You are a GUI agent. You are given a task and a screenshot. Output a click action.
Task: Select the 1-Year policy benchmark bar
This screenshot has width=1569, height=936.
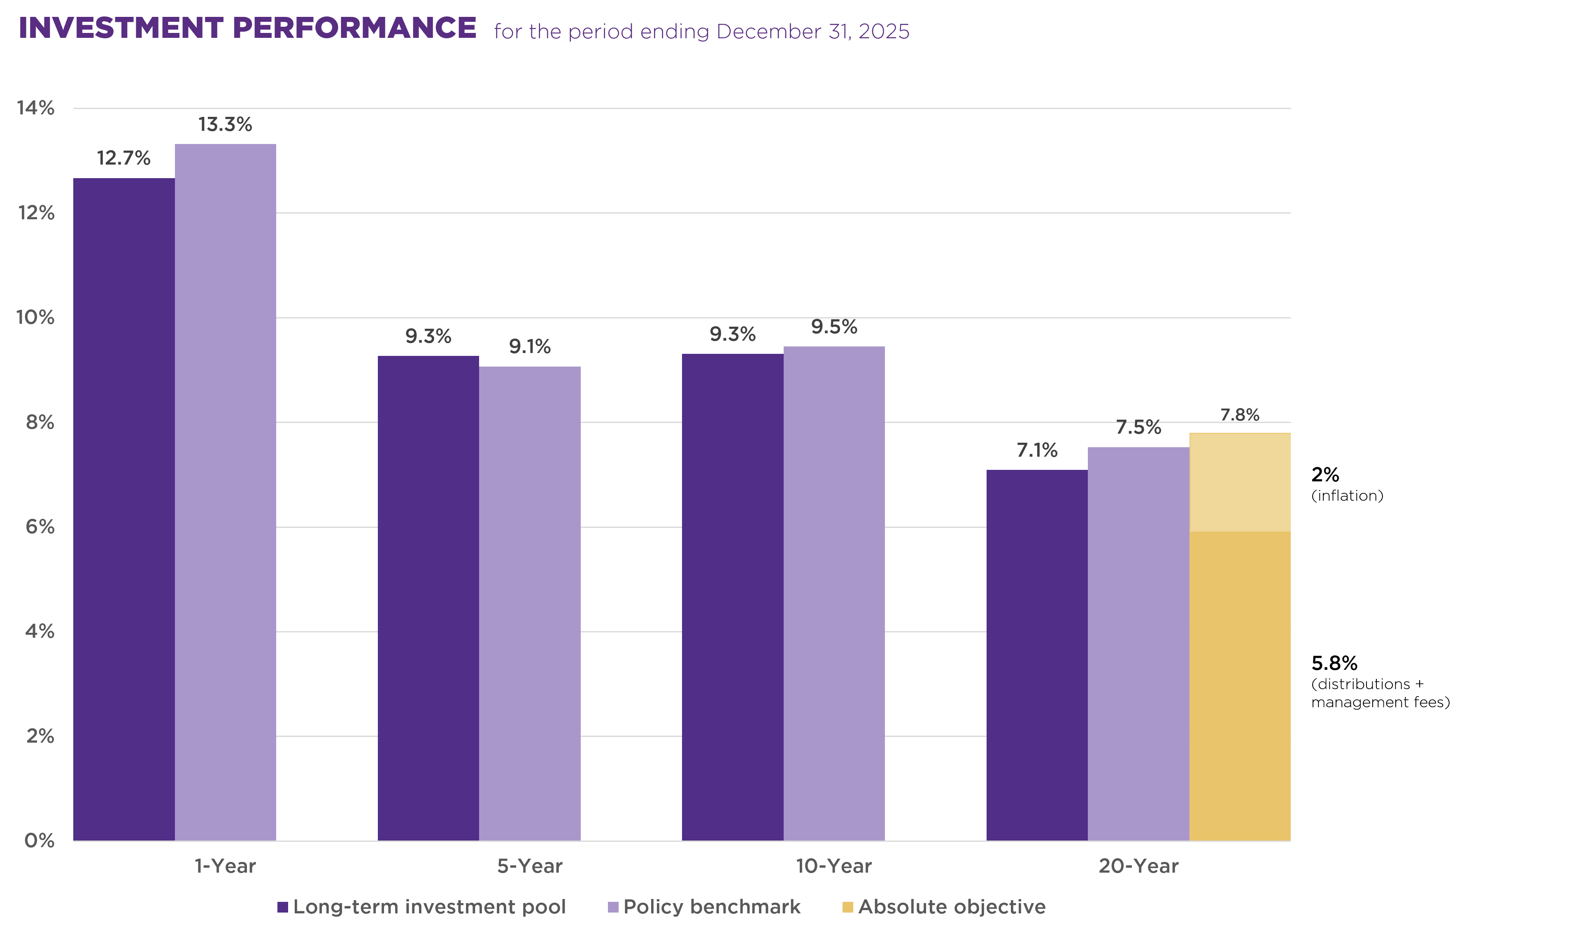pyautogui.click(x=225, y=492)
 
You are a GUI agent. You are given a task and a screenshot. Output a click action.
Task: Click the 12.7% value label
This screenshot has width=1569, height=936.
pyautogui.click(x=123, y=158)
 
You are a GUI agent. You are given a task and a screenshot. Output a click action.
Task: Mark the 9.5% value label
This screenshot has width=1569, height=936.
pyautogui.click(x=834, y=327)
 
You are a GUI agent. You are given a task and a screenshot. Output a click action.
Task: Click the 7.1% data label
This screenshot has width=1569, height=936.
pyautogui.click(x=1036, y=451)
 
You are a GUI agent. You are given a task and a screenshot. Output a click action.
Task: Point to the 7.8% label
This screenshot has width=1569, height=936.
pyautogui.click(x=1240, y=415)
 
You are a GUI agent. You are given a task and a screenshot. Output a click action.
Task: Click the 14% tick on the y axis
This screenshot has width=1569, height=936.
pyautogui.click(x=36, y=109)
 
